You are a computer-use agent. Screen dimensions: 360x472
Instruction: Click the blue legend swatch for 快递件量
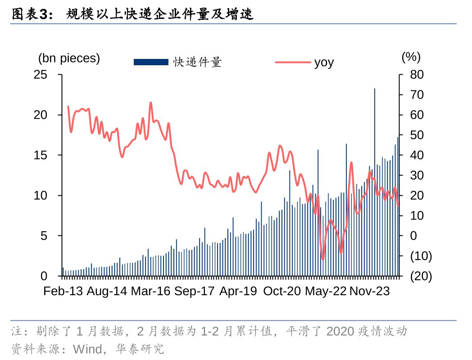click(151, 62)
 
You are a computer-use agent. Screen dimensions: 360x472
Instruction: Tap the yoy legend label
click(324, 62)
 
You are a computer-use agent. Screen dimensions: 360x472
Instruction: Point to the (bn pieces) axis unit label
click(69, 58)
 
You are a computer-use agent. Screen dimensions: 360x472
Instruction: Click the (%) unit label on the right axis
click(410, 57)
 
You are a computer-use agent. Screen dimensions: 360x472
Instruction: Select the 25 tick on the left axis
click(41, 74)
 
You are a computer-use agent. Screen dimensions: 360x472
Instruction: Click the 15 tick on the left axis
click(41, 155)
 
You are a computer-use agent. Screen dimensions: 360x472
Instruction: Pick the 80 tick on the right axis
click(417, 74)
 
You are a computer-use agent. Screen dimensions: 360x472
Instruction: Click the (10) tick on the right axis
click(421, 256)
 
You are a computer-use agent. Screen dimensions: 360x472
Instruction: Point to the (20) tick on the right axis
click(421, 276)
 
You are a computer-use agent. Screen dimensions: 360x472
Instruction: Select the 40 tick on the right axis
click(417, 155)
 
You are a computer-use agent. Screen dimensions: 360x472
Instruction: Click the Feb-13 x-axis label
click(63, 291)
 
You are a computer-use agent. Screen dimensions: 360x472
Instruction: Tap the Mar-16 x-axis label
click(150, 291)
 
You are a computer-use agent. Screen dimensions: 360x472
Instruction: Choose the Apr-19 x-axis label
click(238, 291)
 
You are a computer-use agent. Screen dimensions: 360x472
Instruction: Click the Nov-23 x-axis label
click(370, 291)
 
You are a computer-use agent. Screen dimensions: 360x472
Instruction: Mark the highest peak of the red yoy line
click(151, 103)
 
